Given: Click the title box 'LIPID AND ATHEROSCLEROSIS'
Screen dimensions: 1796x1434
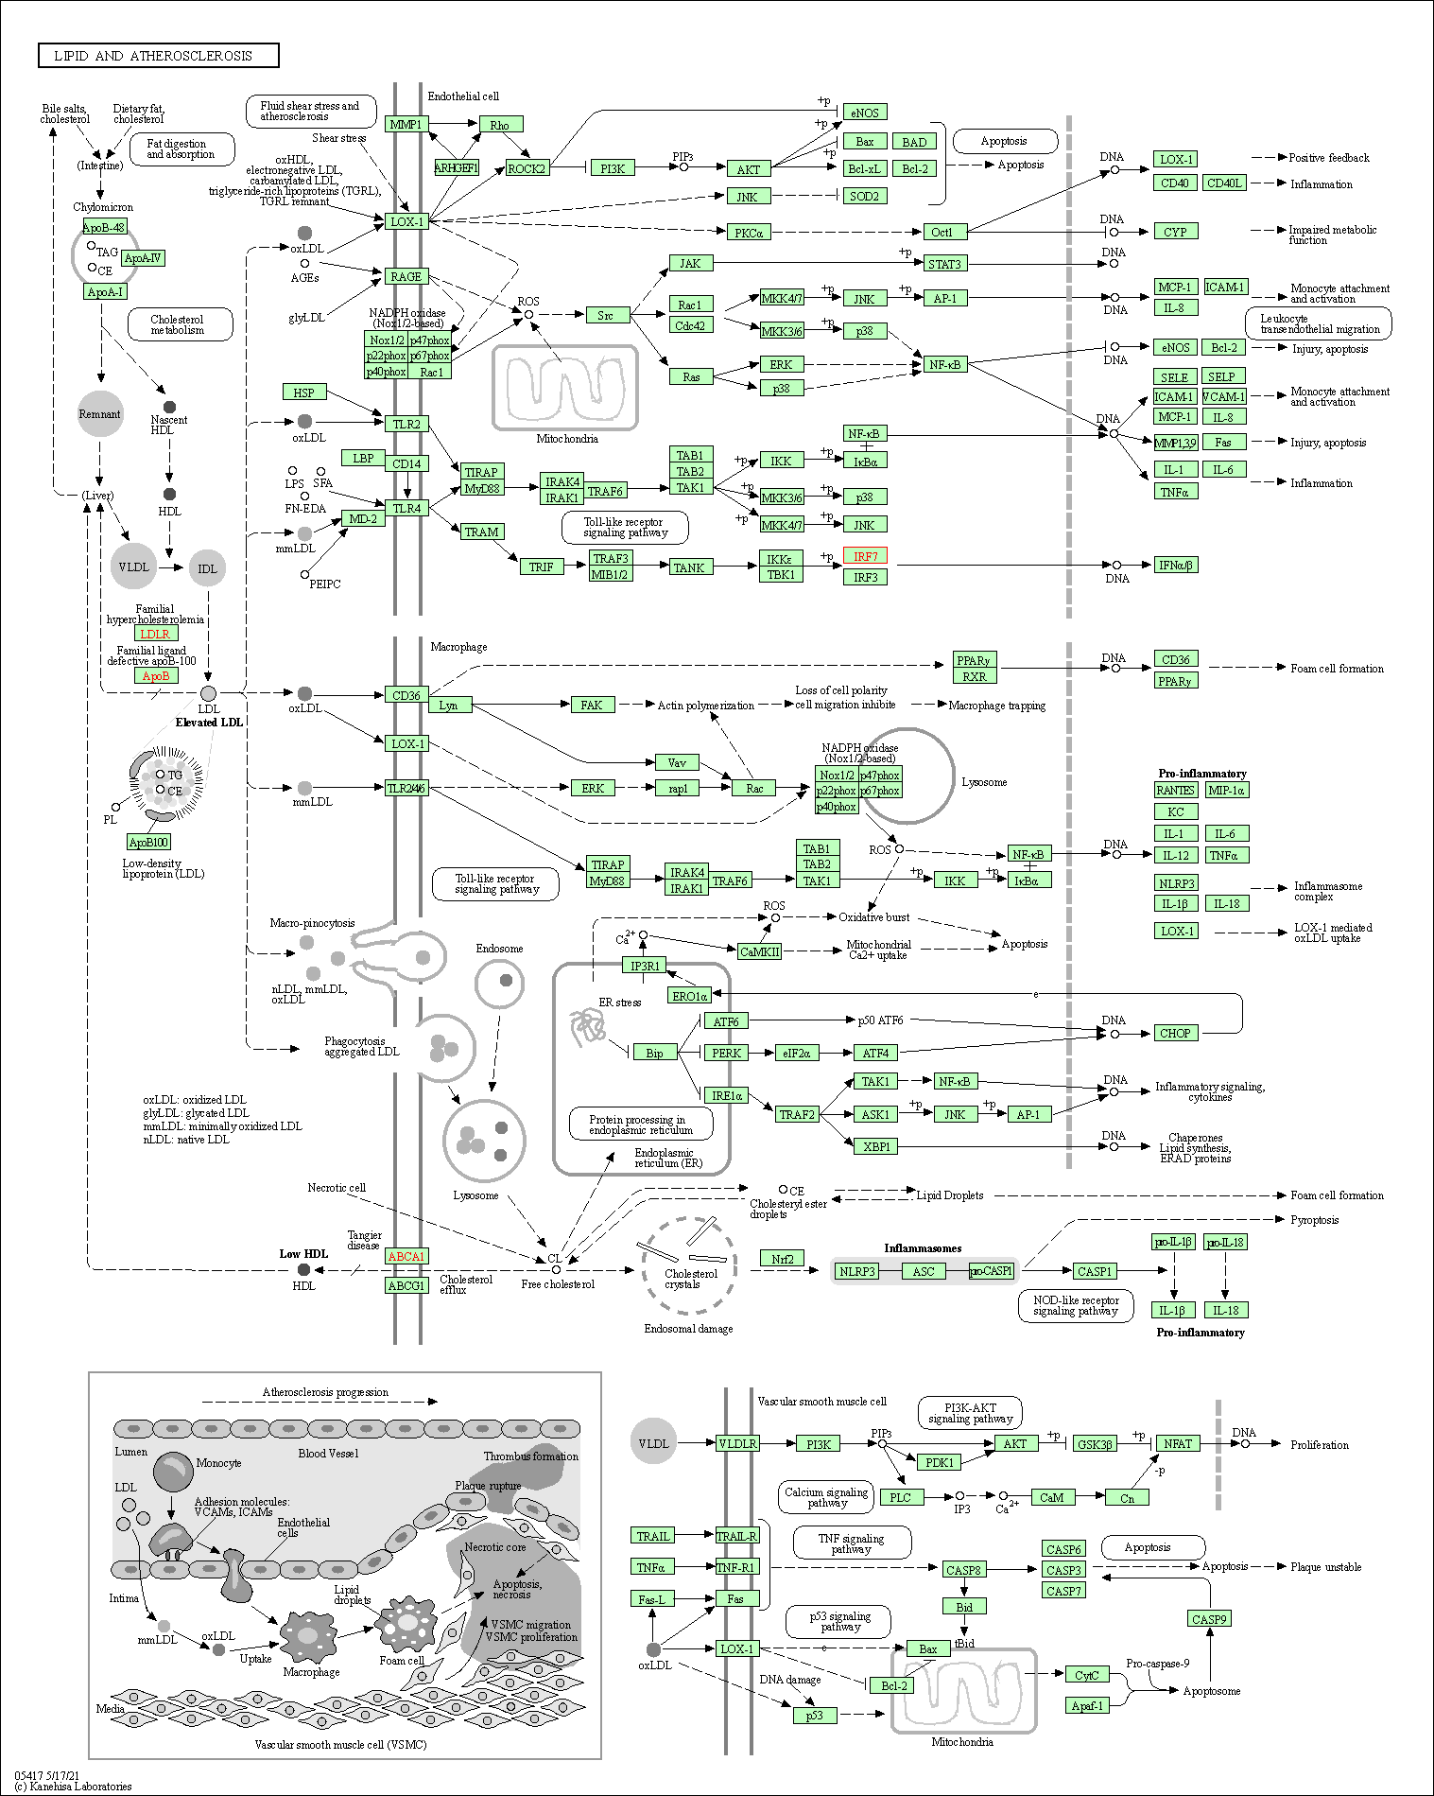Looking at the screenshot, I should point(158,56).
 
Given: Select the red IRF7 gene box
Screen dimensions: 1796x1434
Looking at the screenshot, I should point(865,556).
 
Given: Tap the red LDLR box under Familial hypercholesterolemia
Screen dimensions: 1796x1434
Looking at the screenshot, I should point(155,634).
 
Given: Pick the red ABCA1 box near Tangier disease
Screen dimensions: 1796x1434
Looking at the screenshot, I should point(406,1256).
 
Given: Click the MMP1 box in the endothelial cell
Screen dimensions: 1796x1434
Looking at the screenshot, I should point(406,124).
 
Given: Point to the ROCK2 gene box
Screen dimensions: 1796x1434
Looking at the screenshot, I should point(527,168).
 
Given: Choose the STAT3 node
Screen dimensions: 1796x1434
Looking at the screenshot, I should point(943,264).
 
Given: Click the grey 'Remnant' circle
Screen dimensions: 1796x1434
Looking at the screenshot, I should point(100,414).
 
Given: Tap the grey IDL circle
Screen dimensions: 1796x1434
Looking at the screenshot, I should point(207,568).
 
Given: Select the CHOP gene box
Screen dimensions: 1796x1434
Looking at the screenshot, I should point(1175,1033).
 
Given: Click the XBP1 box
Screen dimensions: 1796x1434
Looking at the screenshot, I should point(876,1146).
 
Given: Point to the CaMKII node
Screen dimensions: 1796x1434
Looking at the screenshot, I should point(759,951).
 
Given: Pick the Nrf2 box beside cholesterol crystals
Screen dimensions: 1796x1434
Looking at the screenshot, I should point(782,1258).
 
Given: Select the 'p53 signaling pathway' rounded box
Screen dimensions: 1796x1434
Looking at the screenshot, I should point(840,1622).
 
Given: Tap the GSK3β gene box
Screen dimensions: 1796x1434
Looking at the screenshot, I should point(1096,1444).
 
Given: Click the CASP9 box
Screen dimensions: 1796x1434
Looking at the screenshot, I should point(1209,1619).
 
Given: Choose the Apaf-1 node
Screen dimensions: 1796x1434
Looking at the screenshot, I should point(1087,1706).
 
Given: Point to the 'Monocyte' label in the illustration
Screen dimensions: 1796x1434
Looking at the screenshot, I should point(218,1463).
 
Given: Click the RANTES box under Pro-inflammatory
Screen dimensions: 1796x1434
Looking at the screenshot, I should point(1175,790).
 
